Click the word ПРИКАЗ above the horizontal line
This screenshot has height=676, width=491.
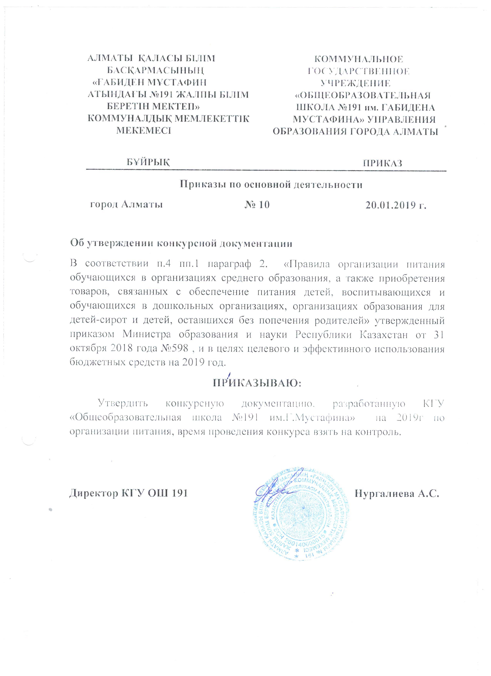[x=382, y=163]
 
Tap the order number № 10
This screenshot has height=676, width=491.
[x=257, y=205]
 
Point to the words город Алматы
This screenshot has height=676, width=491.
[x=127, y=205]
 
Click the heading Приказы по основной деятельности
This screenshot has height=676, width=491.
[x=271, y=185]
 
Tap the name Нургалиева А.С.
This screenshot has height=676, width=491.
[x=397, y=494]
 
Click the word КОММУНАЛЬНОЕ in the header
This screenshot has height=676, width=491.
[x=359, y=59]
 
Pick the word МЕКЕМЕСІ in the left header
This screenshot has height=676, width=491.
[x=143, y=130]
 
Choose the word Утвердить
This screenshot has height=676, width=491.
[x=123, y=404]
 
